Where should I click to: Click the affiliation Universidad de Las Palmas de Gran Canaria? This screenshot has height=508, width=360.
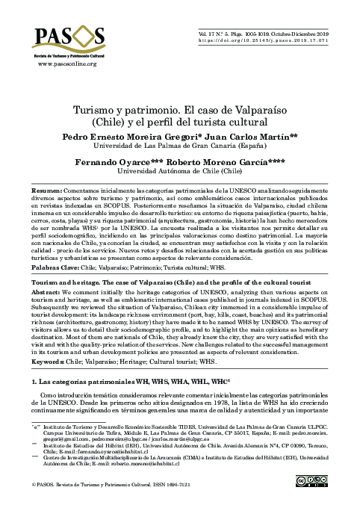[x=179, y=147]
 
